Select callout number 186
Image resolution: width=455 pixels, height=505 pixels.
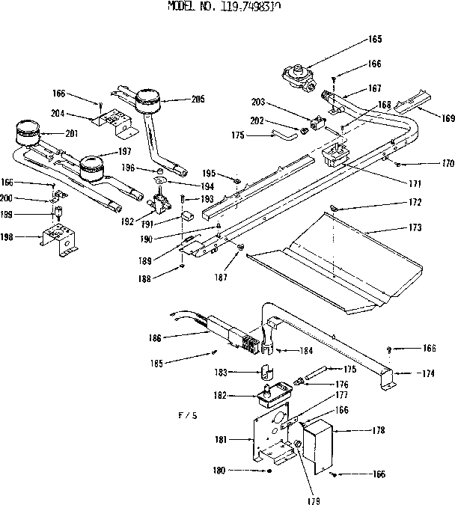click(176, 338)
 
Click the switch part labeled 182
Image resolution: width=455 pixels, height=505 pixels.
click(272, 391)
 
